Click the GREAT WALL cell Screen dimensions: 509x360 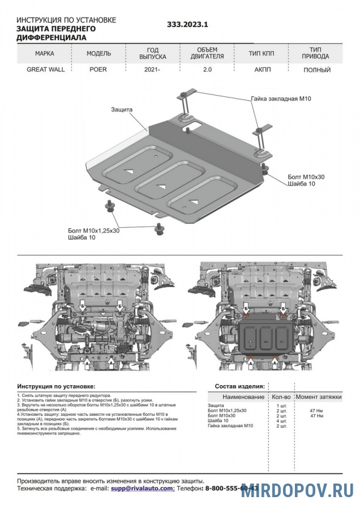(x=46, y=70)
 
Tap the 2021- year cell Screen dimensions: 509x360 (x=152, y=70)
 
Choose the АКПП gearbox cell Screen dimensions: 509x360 (x=262, y=70)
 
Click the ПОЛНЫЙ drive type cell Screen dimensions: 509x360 (x=317, y=70)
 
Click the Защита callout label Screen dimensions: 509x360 (x=122, y=109)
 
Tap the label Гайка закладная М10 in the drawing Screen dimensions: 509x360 (x=281, y=98)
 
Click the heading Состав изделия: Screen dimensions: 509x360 (x=239, y=386)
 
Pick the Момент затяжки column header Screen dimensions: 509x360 (x=319, y=397)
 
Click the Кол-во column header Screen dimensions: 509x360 (x=281, y=397)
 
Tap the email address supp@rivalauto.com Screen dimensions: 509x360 (x=143, y=488)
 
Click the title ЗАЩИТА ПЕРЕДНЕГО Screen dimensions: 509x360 (x=56, y=28)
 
